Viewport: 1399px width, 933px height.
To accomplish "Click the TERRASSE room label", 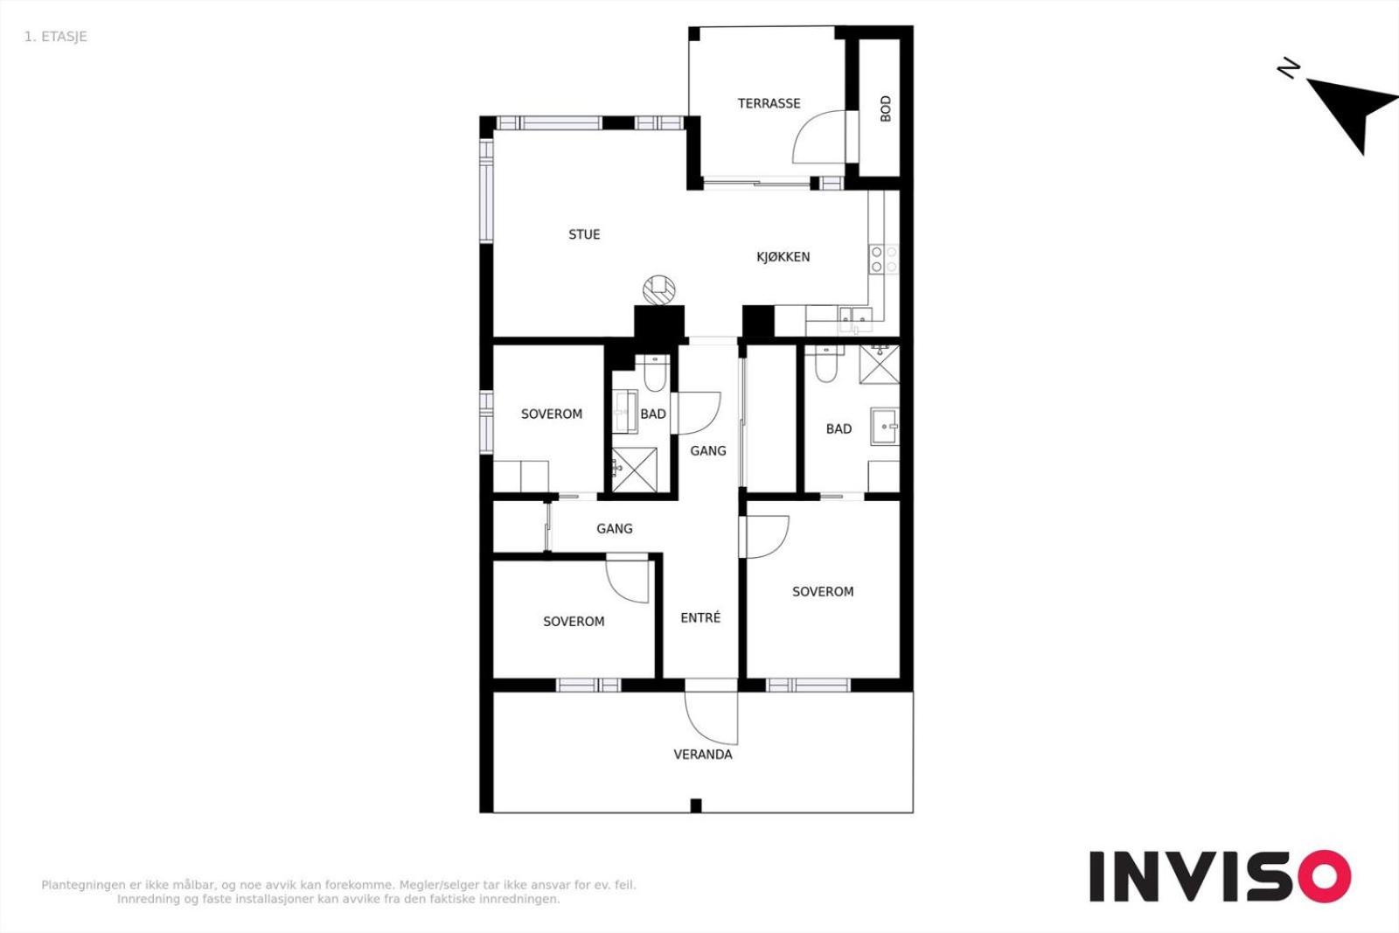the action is [769, 104].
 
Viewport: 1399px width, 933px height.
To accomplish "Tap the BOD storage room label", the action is [885, 108].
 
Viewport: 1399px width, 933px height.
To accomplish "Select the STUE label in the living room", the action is [584, 235].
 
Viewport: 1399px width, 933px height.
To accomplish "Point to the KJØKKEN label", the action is [783, 257].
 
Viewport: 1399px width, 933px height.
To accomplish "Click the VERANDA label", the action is [703, 755].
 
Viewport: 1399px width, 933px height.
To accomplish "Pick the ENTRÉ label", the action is [700, 617].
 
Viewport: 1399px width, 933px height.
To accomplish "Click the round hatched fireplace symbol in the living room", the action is [659, 290].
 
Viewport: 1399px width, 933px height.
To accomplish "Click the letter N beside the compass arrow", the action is [1288, 68].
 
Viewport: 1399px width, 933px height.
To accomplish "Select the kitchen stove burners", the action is [884, 259].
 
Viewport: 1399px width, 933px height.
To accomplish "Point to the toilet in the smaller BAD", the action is [654, 373].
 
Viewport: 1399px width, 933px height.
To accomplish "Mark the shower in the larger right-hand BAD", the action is [880, 364].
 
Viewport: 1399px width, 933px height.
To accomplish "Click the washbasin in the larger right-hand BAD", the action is [885, 426].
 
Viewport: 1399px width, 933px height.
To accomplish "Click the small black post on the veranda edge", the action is [696, 805].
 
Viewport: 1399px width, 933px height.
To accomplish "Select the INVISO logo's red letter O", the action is [1325, 876].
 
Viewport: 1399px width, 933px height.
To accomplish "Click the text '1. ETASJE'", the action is [56, 37].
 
